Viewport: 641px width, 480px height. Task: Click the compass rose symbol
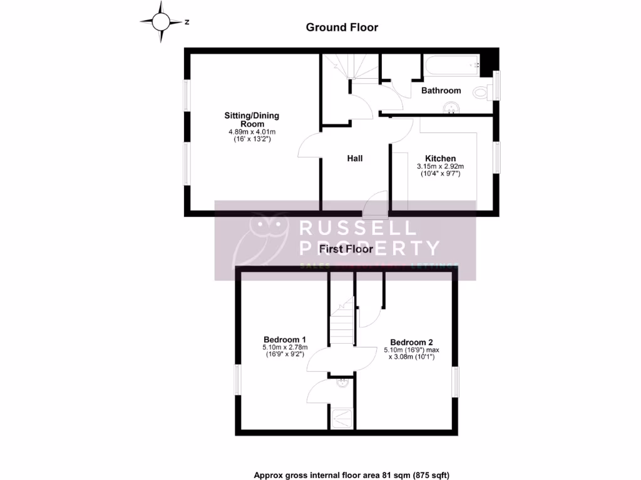[x=161, y=22]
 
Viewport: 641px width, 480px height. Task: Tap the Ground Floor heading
[x=342, y=27]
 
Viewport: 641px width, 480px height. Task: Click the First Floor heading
[x=346, y=249]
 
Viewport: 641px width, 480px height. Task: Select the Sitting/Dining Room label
[x=252, y=119]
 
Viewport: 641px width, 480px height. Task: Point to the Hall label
[x=355, y=158]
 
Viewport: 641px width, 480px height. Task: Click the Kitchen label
[x=440, y=158]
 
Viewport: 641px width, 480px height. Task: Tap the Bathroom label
[x=441, y=91]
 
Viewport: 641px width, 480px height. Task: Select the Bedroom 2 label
[x=411, y=342]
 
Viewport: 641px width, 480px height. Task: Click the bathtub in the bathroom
[x=451, y=65]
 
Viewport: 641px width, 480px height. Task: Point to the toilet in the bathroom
[x=481, y=92]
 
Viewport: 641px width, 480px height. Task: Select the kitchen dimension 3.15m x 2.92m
[x=440, y=167]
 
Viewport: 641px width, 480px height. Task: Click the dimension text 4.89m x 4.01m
[x=252, y=132]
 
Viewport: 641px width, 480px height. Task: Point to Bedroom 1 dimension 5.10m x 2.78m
[x=284, y=347]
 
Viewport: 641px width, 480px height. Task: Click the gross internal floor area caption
[x=351, y=475]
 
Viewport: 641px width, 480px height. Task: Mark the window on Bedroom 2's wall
[x=456, y=382]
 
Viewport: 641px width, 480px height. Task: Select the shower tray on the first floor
[x=342, y=417]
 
